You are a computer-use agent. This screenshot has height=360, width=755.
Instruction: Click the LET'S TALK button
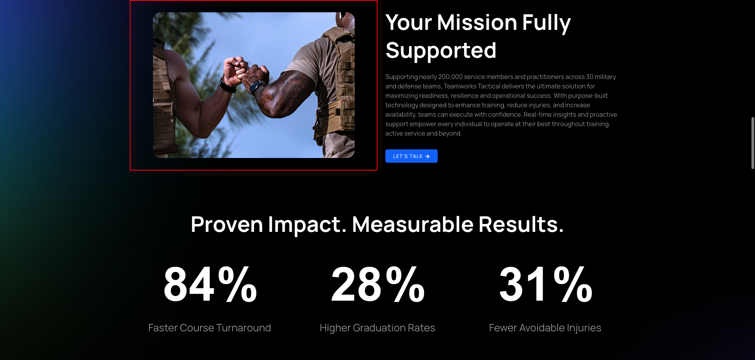pos(411,156)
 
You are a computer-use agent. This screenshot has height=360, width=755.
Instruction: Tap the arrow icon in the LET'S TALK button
pos(427,156)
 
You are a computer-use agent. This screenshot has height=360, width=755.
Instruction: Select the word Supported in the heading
pos(441,51)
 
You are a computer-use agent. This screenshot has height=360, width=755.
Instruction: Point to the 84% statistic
pos(210,284)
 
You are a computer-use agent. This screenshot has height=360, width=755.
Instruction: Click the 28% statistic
pos(378,284)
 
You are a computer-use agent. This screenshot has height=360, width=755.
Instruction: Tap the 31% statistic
pos(546,284)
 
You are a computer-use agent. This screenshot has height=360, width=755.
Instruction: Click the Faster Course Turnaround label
pos(210,328)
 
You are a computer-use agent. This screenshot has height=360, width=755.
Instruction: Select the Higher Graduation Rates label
pos(377,328)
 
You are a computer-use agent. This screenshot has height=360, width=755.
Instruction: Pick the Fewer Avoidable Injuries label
pos(545,328)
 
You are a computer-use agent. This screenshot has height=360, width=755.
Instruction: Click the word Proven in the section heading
pos(226,224)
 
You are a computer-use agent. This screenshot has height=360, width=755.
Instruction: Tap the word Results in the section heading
pos(521,224)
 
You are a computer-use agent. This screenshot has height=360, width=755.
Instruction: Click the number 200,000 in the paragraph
pos(450,77)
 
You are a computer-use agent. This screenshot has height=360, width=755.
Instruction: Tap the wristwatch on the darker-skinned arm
pos(258,87)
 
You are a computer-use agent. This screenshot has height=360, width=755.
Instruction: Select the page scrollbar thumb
pos(753,143)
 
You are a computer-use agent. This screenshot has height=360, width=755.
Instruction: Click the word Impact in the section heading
pos(308,224)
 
